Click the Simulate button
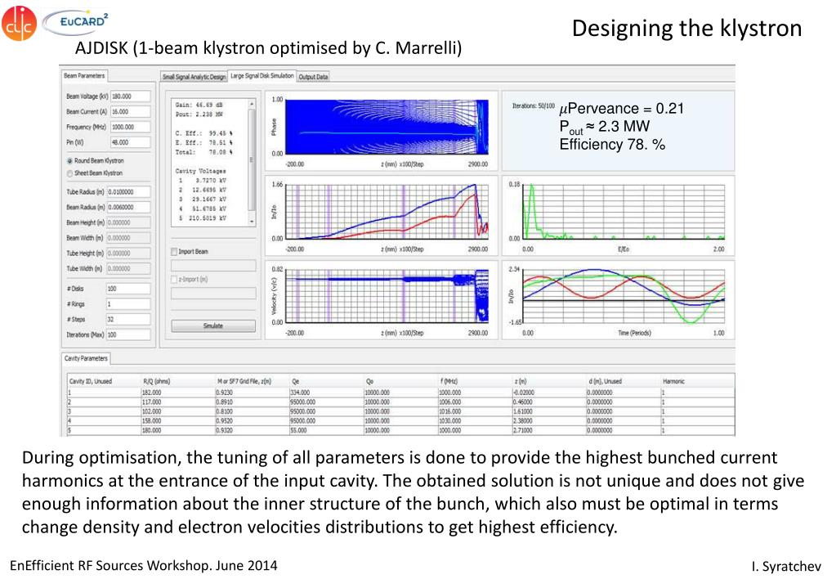click(212, 325)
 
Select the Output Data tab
click(313, 77)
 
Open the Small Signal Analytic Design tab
click(194, 77)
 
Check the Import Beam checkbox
click(174, 252)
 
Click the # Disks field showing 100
click(127, 288)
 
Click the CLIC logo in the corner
click(20, 22)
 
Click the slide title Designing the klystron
click(686, 29)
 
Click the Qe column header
click(294, 381)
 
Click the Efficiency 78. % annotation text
click(611, 145)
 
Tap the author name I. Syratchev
click(785, 567)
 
